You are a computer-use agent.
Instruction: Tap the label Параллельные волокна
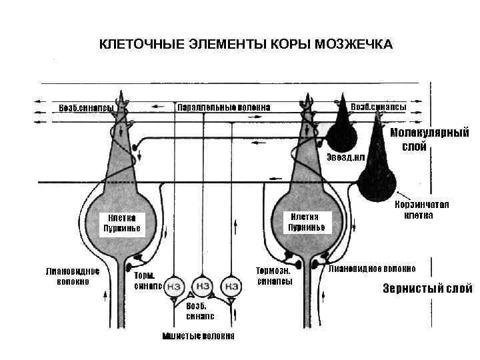[223, 107]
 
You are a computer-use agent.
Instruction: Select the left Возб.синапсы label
[86, 108]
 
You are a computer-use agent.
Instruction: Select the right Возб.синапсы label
[378, 107]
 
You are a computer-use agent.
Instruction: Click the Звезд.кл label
[346, 157]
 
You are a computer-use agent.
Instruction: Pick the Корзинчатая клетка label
[422, 210]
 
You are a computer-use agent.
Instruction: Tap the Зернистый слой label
[427, 289]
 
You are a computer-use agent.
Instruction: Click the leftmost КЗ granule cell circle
[175, 286]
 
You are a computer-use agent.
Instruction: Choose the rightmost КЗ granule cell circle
[231, 286]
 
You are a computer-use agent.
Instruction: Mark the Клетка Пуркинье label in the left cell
[119, 223]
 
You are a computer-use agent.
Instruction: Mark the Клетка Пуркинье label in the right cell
[306, 221]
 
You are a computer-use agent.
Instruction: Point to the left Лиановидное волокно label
[73, 277]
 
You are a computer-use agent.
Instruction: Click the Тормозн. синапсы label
[274, 276]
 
